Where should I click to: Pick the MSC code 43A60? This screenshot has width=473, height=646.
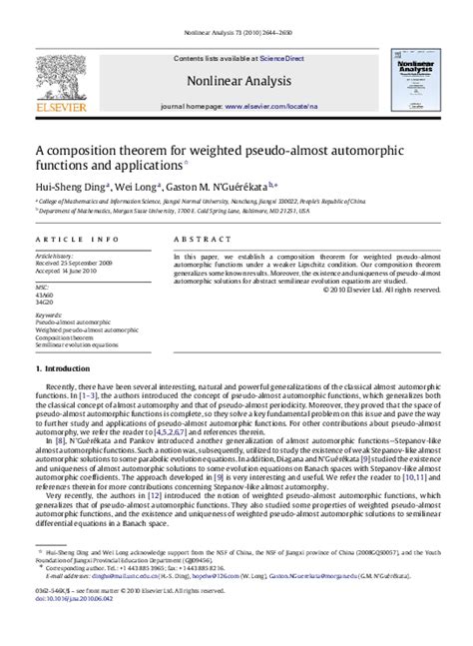pyautogui.click(x=44, y=295)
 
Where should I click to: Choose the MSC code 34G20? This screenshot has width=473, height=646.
pyautogui.click(x=44, y=303)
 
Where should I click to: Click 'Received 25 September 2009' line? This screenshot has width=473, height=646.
pyautogui.click(x=74, y=264)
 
